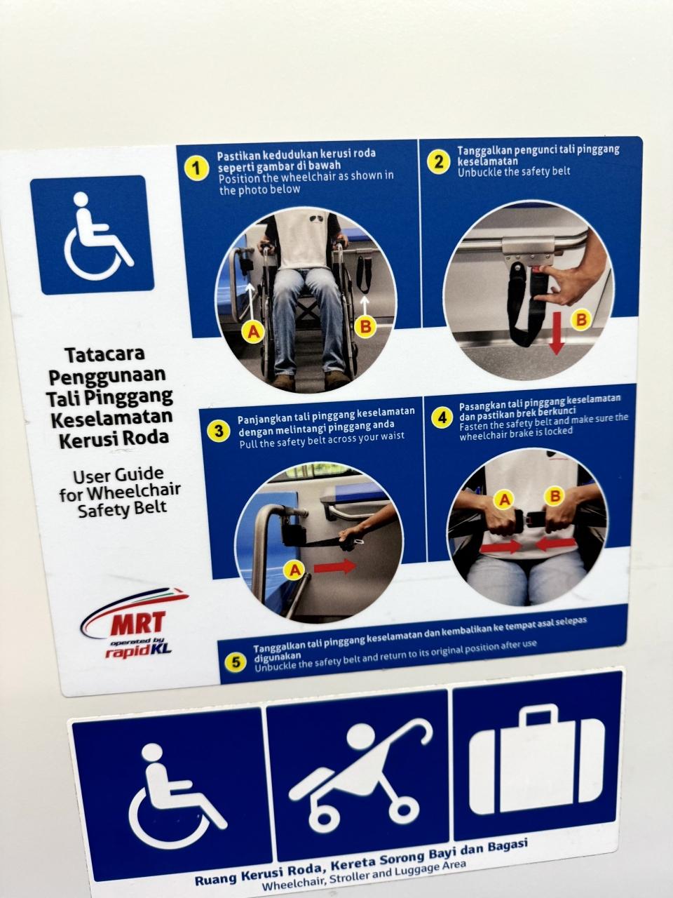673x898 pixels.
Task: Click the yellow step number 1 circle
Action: (x=196, y=168)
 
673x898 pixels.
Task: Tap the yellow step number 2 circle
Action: (x=438, y=161)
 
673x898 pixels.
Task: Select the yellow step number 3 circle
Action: (x=219, y=431)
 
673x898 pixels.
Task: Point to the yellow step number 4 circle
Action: (x=442, y=417)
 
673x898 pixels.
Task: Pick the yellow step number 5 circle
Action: (x=236, y=662)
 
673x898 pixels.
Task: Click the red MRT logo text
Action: (x=137, y=623)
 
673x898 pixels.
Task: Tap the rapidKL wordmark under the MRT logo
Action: (x=139, y=651)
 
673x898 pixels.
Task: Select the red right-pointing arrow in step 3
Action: (x=335, y=567)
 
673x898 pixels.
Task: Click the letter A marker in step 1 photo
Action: (x=253, y=332)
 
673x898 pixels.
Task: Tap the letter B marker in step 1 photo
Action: (x=366, y=326)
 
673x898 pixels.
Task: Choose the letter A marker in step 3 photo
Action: (x=294, y=569)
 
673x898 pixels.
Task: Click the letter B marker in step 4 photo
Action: (x=555, y=496)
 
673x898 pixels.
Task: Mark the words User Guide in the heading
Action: (x=118, y=476)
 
